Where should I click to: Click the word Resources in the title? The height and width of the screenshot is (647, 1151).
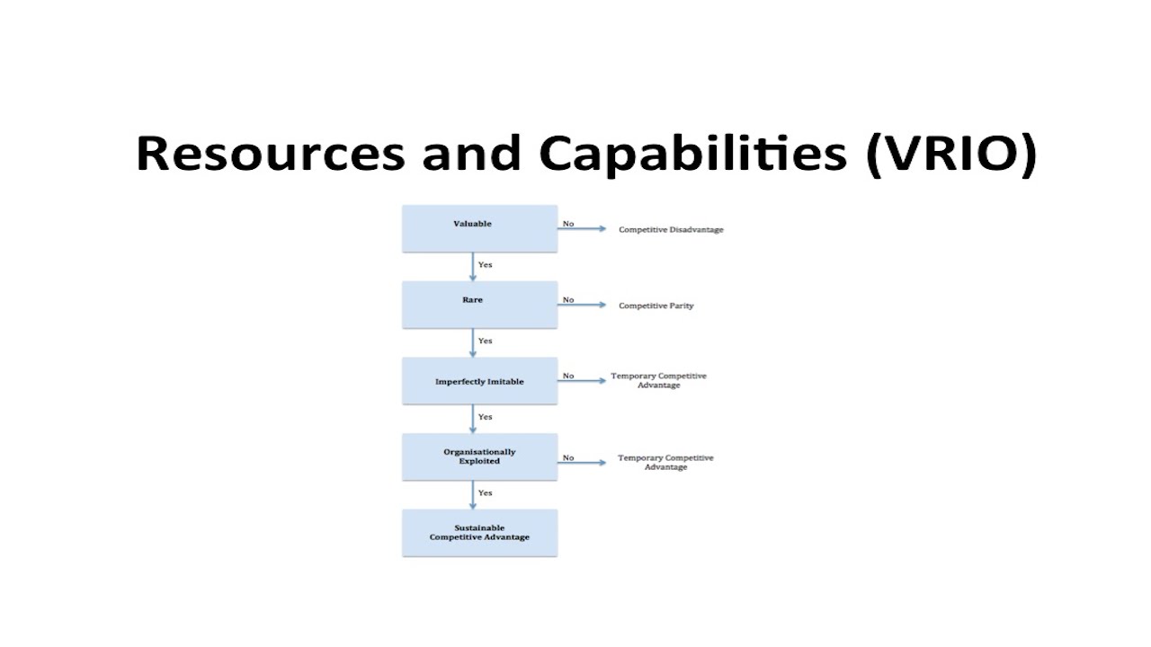(270, 154)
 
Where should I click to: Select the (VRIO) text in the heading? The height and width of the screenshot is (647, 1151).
(950, 154)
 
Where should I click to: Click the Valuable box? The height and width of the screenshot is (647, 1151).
(479, 228)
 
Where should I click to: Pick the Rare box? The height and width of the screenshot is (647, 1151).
(479, 305)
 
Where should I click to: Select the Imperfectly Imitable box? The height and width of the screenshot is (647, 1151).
(479, 381)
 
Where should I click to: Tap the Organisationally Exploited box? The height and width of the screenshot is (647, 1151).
(479, 456)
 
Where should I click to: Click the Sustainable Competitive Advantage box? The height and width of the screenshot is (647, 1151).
(479, 533)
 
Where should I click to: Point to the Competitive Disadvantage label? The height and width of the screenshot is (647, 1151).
(671, 230)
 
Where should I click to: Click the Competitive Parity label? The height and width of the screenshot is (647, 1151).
(656, 306)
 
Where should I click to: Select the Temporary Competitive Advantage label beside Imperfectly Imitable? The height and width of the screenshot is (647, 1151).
(658, 380)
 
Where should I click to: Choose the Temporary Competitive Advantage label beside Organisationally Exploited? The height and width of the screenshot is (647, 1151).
(665, 463)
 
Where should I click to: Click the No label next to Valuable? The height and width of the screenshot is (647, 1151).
(568, 224)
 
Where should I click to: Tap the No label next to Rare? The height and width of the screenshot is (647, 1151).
(568, 300)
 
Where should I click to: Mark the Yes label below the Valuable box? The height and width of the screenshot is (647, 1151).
(486, 265)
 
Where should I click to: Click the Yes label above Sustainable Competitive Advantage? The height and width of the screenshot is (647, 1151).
(486, 493)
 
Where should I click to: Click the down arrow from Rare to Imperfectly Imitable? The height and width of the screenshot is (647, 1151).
(473, 343)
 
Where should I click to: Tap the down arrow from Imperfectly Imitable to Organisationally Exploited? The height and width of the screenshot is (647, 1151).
(473, 419)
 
